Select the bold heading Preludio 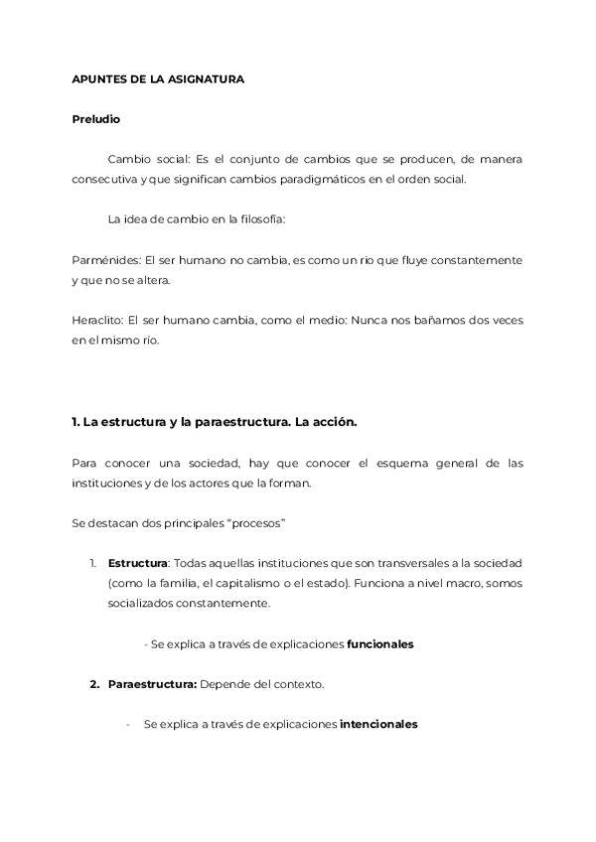[x=96, y=119]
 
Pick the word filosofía [x=258, y=219]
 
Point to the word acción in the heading [x=336, y=422]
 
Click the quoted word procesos [x=253, y=523]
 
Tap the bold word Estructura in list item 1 [x=138, y=564]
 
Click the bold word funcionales [x=379, y=644]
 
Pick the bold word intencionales [x=378, y=725]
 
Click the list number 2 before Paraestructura [x=94, y=685]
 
